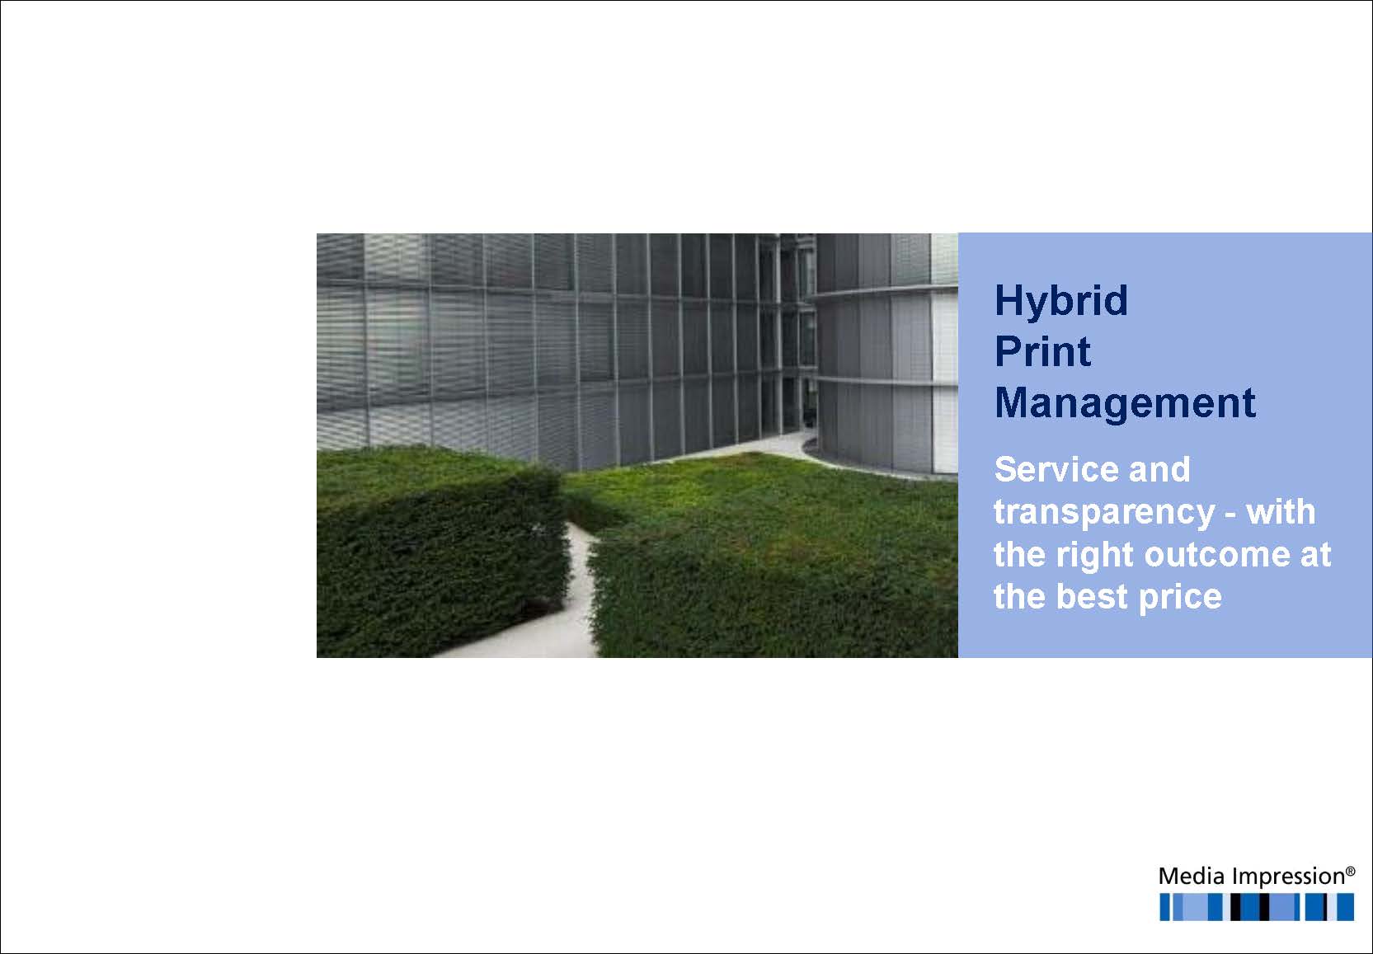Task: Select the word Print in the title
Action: pos(1042,352)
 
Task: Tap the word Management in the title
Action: pos(1125,404)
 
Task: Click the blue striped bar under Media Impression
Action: pos(1257,907)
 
